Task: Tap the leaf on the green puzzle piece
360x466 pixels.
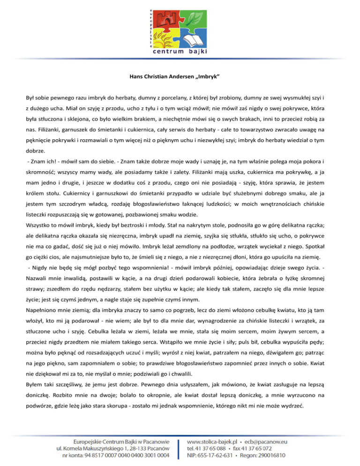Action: click(193, 17)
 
